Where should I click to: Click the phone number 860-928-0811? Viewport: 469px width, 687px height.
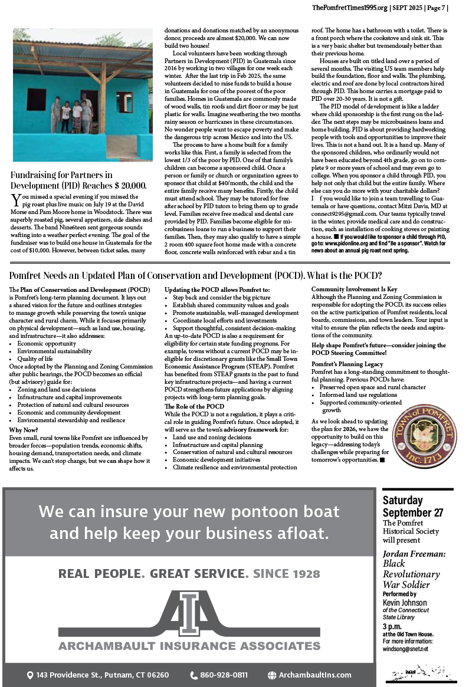tap(224, 675)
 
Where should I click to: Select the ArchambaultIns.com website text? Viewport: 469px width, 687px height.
tap(315, 675)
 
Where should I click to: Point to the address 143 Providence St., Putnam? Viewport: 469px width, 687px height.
tap(102, 675)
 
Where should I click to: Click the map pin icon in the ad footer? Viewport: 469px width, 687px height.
tap(30, 675)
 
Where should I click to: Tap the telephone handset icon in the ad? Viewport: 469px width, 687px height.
tap(193, 675)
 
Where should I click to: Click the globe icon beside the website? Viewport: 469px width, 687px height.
tap(272, 675)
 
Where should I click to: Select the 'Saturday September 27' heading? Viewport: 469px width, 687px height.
tap(412, 506)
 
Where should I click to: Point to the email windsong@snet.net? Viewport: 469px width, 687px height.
tap(405, 649)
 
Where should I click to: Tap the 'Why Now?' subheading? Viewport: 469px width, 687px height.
tap(24, 430)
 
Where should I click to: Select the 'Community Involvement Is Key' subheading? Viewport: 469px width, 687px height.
tap(354, 290)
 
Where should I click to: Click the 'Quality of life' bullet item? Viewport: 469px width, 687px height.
tap(35, 359)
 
